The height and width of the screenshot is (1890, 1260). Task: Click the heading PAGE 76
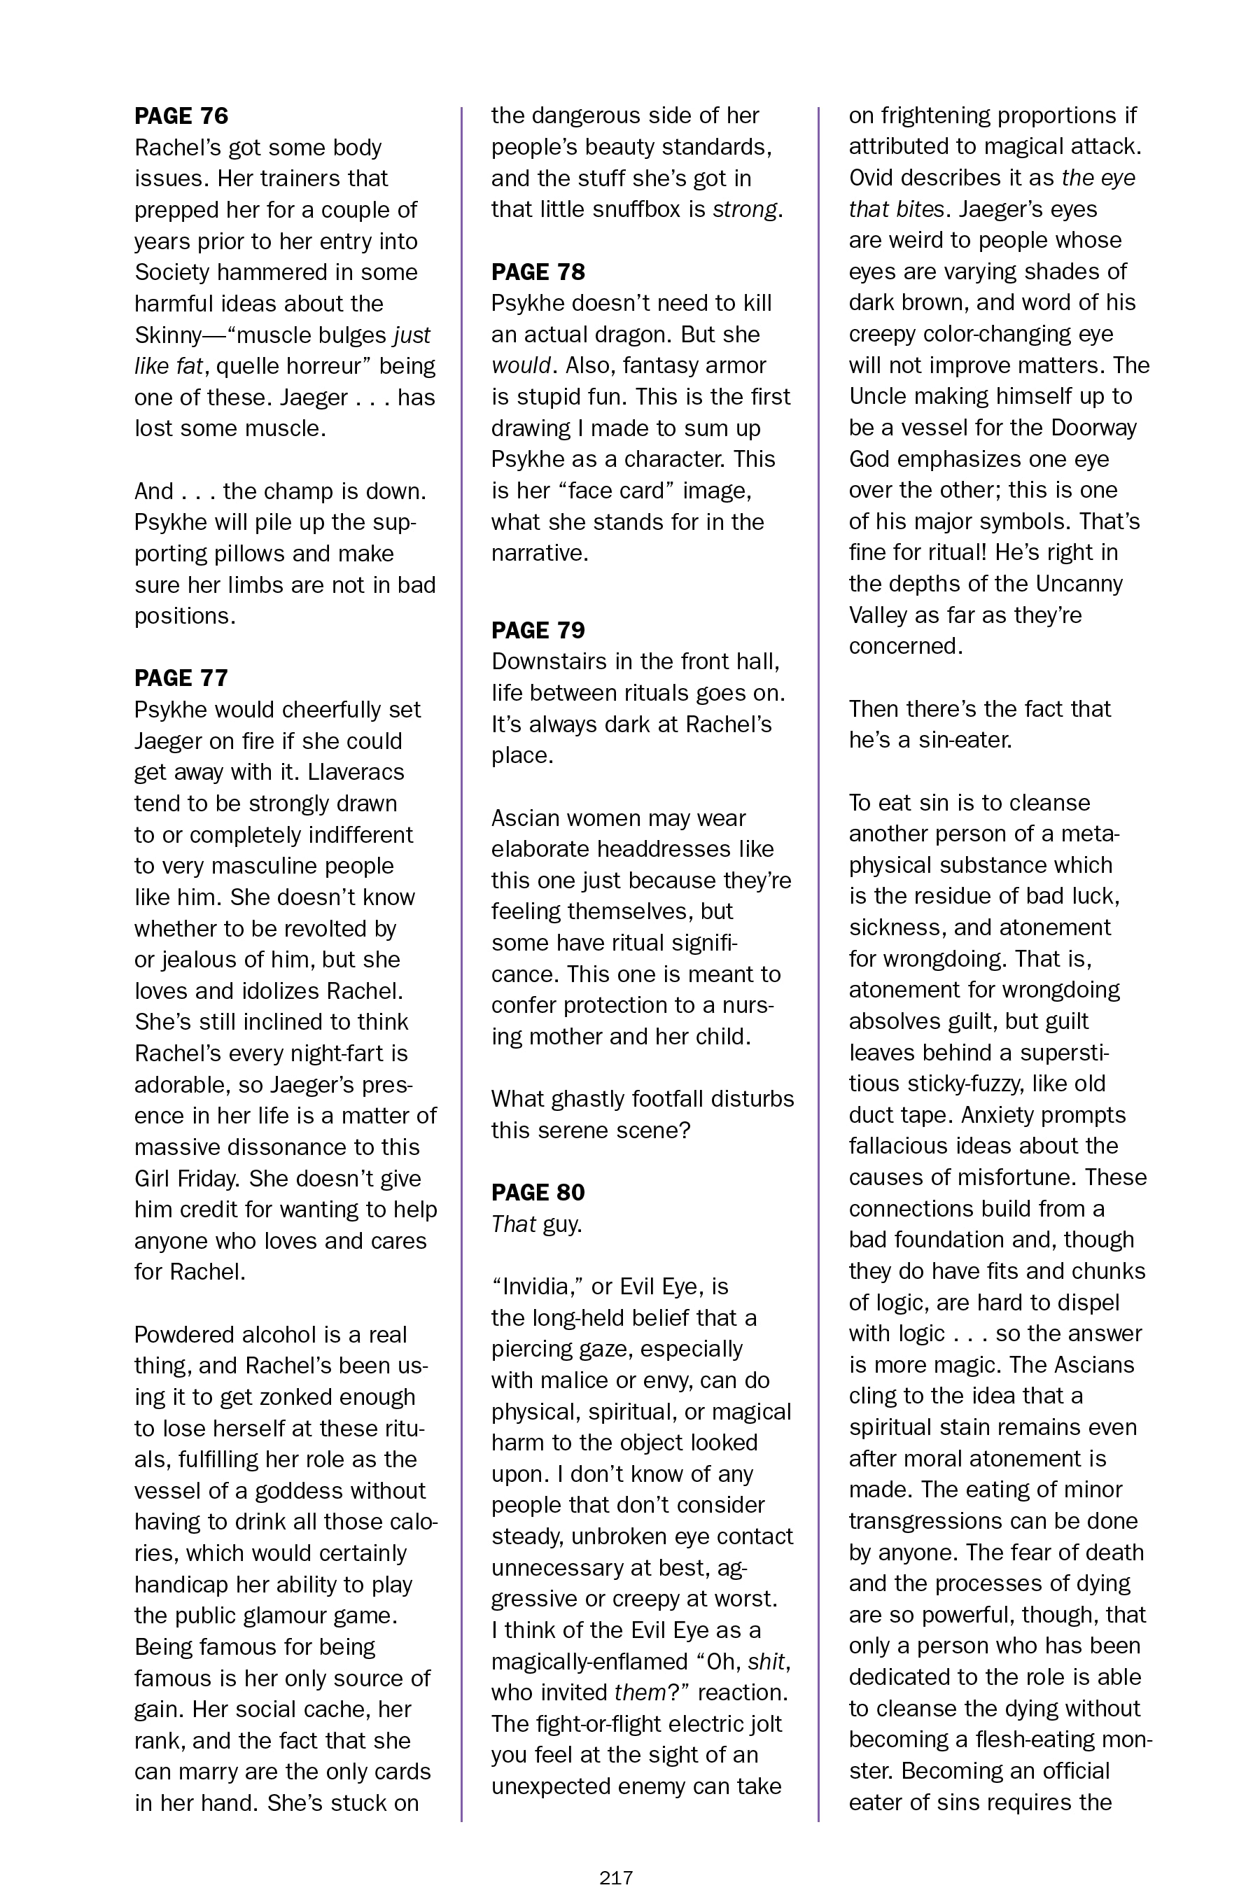pos(181,116)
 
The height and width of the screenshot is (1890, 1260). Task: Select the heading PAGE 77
pos(181,678)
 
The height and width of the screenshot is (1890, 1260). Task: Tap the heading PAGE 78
pos(538,272)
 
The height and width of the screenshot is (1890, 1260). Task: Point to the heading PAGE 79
pos(538,630)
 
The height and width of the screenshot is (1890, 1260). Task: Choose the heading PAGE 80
pos(538,1193)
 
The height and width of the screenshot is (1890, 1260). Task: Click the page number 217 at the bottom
pos(616,1877)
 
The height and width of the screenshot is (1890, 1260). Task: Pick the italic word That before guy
pos(512,1224)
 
